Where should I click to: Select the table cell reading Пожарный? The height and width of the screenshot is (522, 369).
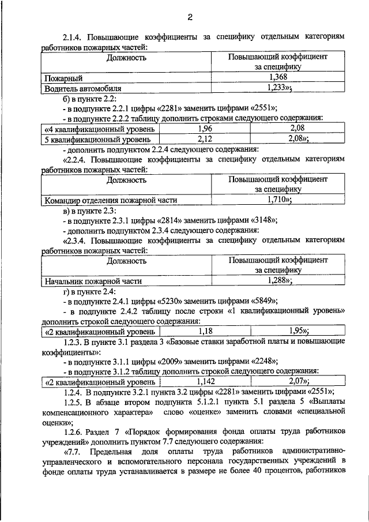63,77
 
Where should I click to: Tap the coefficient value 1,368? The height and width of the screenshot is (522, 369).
278,77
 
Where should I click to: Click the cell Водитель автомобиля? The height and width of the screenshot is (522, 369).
83,88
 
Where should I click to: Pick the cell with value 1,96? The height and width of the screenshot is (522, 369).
205,128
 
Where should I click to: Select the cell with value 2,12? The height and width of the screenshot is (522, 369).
205,139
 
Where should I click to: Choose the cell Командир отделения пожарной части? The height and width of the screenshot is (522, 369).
110,200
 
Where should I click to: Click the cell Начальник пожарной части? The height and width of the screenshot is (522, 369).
93,281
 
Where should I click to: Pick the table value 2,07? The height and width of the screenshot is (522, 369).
298,382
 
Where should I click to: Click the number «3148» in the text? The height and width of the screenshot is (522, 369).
261,220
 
